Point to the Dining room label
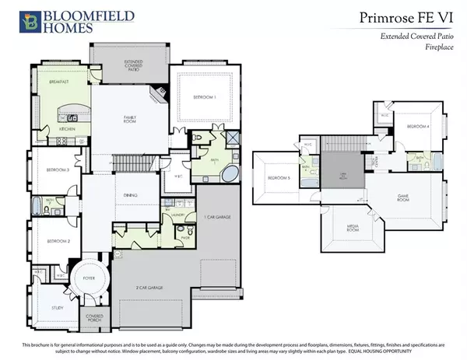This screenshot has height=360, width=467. [130, 195]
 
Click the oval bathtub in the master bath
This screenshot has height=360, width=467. [231, 173]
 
